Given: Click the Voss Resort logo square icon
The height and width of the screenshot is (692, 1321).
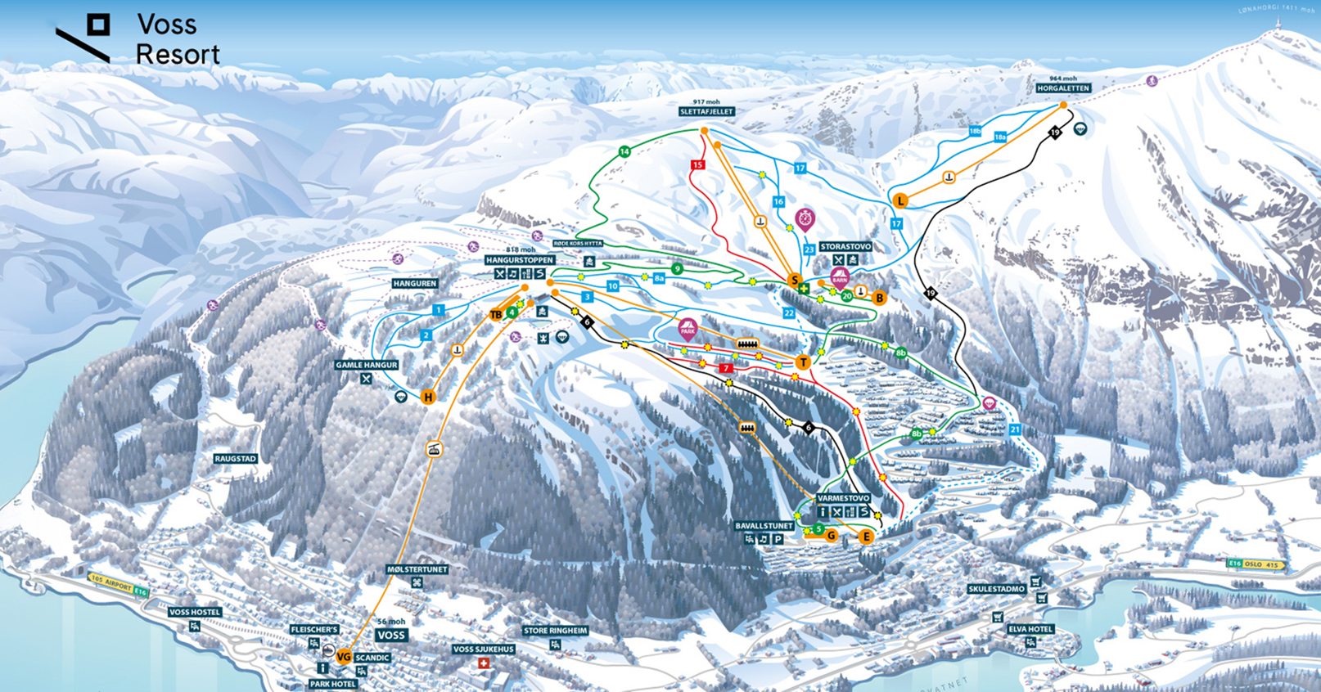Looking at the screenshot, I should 98,25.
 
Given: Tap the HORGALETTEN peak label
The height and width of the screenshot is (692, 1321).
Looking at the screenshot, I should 1063,88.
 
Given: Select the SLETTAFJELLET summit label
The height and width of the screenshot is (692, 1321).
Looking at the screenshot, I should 707,111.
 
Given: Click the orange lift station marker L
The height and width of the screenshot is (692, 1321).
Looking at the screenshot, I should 900,200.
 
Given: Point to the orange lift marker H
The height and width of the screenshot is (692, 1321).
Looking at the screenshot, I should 427,397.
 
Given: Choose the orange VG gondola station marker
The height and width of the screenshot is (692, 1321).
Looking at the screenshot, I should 344,657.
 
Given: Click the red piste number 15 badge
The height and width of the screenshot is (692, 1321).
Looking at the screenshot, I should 697,165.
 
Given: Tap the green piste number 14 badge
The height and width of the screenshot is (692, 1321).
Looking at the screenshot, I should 624,151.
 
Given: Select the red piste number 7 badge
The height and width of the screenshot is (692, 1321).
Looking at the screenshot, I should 725,368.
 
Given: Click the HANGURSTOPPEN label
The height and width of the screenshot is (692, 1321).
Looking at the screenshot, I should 519,260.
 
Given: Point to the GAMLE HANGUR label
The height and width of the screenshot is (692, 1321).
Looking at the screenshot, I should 366,365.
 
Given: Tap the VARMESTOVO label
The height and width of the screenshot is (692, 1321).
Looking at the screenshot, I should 843,498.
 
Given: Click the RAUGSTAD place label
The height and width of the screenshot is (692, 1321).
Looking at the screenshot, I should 236,459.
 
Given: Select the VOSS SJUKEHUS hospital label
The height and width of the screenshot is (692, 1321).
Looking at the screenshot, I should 484,649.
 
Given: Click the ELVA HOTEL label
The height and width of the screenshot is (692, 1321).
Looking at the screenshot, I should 1030,629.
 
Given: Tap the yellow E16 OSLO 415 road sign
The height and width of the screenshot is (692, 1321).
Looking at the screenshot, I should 1256,564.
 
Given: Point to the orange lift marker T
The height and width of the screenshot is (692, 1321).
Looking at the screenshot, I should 803,362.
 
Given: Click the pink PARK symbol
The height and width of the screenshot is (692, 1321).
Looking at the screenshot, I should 688,329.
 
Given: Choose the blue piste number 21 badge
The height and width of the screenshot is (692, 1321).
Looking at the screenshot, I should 1015,429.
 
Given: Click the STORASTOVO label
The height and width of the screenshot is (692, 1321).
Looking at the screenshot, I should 845,246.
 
